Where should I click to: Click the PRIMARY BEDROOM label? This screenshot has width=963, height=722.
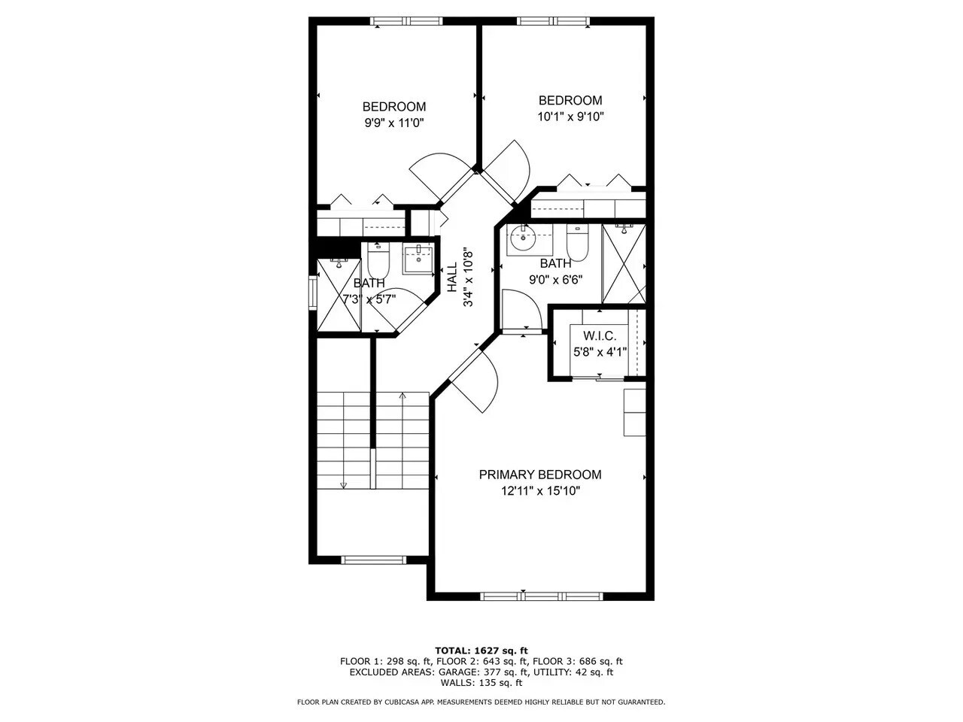tap(540, 475)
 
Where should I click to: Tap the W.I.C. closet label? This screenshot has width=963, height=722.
tap(600, 335)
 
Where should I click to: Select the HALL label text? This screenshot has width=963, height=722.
tap(452, 277)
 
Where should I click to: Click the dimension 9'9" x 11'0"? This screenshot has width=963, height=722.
tap(394, 123)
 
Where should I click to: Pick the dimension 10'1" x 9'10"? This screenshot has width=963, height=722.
tap(570, 117)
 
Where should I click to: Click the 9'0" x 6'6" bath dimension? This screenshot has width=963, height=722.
tap(555, 280)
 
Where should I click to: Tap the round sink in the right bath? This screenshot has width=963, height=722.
tap(521, 239)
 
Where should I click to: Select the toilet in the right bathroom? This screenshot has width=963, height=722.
tap(577, 242)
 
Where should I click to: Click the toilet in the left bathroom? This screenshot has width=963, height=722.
tap(377, 260)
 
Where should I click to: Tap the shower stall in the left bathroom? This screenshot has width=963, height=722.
tap(339, 295)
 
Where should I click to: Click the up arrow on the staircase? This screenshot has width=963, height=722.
tap(403, 397)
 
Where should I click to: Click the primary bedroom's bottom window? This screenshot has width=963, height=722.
tap(542, 596)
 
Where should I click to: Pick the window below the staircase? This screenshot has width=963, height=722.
tap(374, 560)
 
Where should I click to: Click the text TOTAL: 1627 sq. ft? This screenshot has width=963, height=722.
tap(481, 651)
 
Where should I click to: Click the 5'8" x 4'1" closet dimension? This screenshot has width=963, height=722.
tap(600, 352)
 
